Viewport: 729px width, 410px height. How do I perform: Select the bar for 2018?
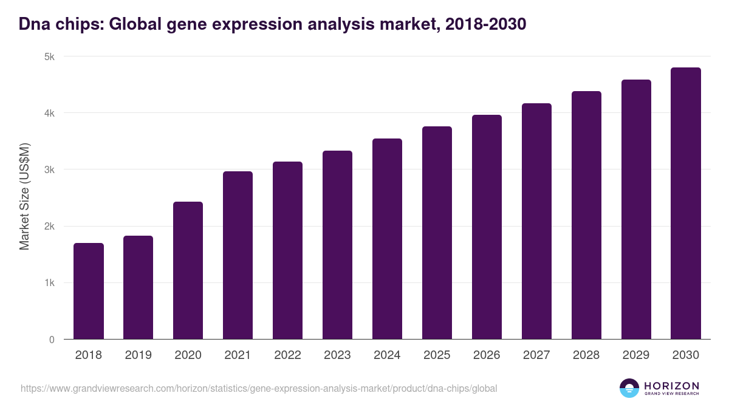point(89,291)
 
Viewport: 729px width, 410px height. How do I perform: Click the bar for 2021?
point(238,255)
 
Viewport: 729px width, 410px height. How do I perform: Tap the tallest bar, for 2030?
point(686,203)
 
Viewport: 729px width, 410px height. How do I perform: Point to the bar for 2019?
point(138,287)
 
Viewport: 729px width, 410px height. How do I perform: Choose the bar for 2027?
point(536,221)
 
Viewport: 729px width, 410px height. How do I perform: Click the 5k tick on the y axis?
point(49,56)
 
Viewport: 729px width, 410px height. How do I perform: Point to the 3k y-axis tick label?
point(49,170)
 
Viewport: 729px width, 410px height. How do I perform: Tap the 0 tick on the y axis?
point(52,340)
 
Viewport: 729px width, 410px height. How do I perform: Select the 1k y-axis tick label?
point(49,283)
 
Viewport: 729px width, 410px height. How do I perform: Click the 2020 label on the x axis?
point(188,355)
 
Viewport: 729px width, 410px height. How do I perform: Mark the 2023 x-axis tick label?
point(337,355)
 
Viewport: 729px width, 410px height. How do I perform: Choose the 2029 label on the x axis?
point(636,355)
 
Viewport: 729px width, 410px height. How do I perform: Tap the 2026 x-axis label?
point(487,355)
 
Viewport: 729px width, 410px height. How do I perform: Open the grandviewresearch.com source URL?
point(259,388)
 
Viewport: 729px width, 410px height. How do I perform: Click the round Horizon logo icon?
point(629,388)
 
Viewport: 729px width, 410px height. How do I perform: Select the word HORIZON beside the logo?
point(671,386)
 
